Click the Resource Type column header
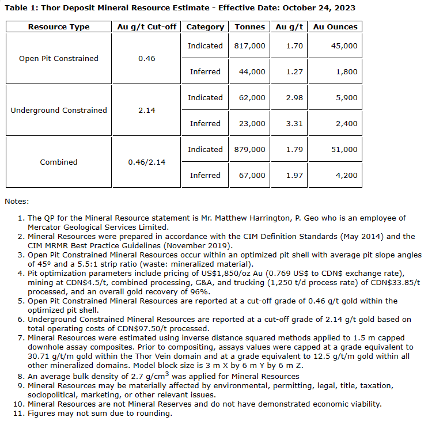click(59, 27)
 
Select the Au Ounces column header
click(335, 27)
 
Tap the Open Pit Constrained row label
click(59, 58)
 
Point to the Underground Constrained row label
click(59, 110)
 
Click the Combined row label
click(59, 162)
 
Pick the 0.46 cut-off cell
click(146, 58)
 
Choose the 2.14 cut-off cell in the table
click(146, 110)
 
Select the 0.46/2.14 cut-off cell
click(146, 162)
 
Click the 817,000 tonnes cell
click(250, 45)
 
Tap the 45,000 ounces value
click(344, 45)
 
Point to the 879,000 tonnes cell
click(250, 149)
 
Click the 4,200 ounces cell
click(346, 175)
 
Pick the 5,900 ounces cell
click(346, 97)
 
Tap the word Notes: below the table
click(17, 202)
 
